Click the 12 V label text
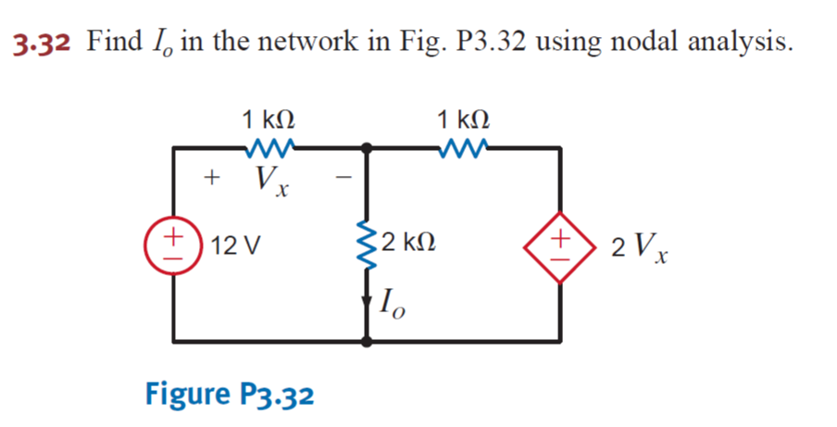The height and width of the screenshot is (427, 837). click(235, 247)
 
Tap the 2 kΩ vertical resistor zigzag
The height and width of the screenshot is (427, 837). click(368, 245)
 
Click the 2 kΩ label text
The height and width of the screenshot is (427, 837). click(407, 245)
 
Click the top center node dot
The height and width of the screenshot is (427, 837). click(368, 147)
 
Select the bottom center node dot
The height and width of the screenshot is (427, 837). click(368, 342)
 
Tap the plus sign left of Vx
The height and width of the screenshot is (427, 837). click(212, 176)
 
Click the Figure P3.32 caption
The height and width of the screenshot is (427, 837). click(230, 394)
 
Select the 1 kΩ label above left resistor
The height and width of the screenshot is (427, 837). click(269, 119)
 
